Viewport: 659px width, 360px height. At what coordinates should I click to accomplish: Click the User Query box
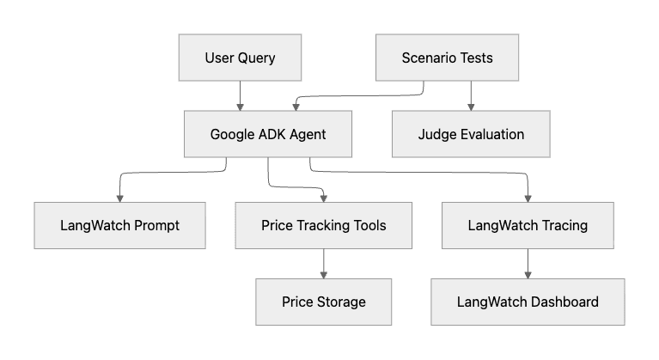(x=241, y=58)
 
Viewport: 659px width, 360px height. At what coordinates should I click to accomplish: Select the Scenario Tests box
(x=447, y=58)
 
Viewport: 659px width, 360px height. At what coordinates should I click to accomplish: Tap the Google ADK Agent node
(x=268, y=134)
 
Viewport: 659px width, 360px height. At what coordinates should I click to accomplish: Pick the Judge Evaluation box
(x=470, y=134)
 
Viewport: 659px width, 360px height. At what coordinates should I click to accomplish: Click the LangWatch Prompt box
(x=119, y=225)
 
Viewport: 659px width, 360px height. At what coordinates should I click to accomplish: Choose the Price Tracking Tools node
(x=323, y=225)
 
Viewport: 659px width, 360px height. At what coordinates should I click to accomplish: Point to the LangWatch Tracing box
(x=528, y=225)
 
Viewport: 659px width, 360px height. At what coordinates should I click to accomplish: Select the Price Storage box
(x=323, y=302)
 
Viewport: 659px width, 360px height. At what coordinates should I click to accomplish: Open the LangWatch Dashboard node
(x=528, y=302)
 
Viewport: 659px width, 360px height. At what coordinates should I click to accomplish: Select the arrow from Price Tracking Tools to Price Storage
(x=323, y=263)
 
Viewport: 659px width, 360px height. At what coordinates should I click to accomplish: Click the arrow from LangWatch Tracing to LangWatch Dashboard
(x=528, y=263)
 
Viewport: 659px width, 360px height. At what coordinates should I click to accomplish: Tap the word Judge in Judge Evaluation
(x=436, y=134)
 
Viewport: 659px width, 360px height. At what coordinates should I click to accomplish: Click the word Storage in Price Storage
(x=342, y=302)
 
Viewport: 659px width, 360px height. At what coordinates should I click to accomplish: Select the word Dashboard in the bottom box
(x=563, y=302)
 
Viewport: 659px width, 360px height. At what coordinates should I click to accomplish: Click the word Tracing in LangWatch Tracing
(x=563, y=225)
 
